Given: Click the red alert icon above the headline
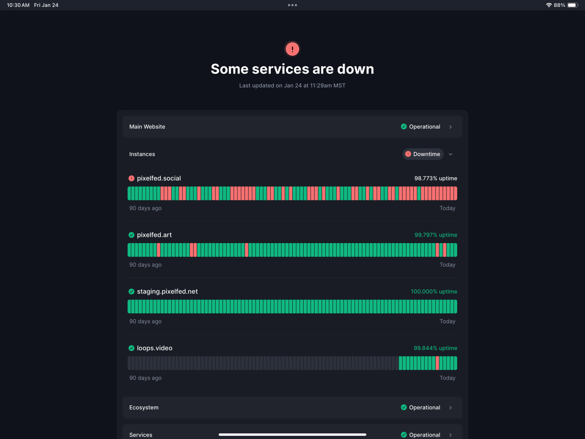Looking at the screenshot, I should point(292,49).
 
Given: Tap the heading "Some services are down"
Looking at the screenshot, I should point(292,69).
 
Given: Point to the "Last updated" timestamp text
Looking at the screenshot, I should point(292,85).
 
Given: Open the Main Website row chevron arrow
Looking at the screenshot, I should point(450,127).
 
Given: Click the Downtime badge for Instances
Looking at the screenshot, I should point(423,154).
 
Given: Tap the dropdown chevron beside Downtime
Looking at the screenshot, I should point(451,154).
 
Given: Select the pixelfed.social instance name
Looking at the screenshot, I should point(159,178).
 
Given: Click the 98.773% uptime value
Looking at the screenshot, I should point(436,178).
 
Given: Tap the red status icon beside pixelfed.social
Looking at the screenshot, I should point(132,178).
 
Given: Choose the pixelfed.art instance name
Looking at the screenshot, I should point(154,235).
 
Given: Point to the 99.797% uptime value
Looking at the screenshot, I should point(436,235).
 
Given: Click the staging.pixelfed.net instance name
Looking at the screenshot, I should point(167,291).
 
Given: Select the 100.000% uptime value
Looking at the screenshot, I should point(434,291).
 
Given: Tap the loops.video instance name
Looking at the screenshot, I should point(155,348).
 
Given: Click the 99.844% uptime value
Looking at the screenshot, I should point(435,348).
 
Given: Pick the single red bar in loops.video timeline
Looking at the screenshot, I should point(437,363).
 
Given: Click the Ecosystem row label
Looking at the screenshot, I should point(144,408).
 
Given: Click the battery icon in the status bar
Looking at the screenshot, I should point(572,5).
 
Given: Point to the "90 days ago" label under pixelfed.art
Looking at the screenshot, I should point(145,265).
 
